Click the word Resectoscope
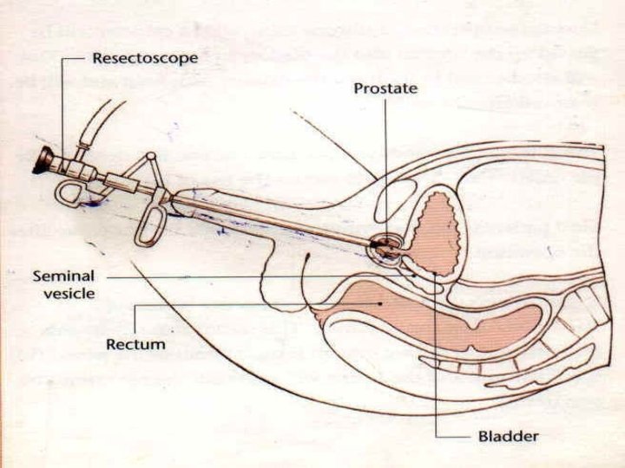(x=145, y=59)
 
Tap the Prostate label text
(x=385, y=88)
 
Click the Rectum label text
(x=135, y=344)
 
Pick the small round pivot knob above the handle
(x=152, y=158)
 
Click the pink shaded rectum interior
(x=434, y=312)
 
